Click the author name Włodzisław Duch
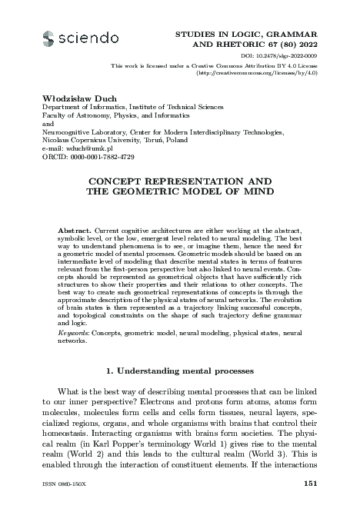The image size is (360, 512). click(69, 98)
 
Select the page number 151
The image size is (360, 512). click(312, 483)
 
